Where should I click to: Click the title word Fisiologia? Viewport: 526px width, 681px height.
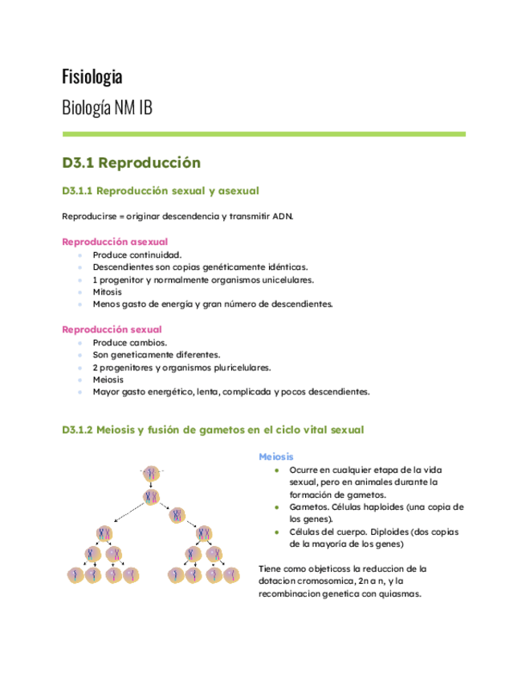pyautogui.click(x=92, y=77)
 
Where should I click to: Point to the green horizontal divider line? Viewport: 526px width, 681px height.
pyautogui.click(x=263, y=134)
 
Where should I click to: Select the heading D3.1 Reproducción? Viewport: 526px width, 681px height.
pyautogui.click(x=131, y=163)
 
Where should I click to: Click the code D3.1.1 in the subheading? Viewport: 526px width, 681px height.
pyautogui.click(x=77, y=191)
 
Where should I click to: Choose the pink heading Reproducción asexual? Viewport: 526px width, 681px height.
pyautogui.click(x=115, y=242)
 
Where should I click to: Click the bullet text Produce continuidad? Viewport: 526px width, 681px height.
pyautogui.click(x=131, y=255)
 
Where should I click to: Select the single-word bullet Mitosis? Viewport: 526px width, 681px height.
pyautogui.click(x=108, y=292)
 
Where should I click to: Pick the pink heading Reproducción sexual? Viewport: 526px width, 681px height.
pyautogui.click(x=112, y=329)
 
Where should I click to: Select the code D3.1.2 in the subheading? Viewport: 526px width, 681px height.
pyautogui.click(x=77, y=430)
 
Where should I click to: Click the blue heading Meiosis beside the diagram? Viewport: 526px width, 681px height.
pyautogui.click(x=276, y=456)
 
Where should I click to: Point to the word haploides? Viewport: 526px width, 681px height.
pyautogui.click(x=377, y=508)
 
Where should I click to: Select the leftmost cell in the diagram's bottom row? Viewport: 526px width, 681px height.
pyautogui.click(x=76, y=574)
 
